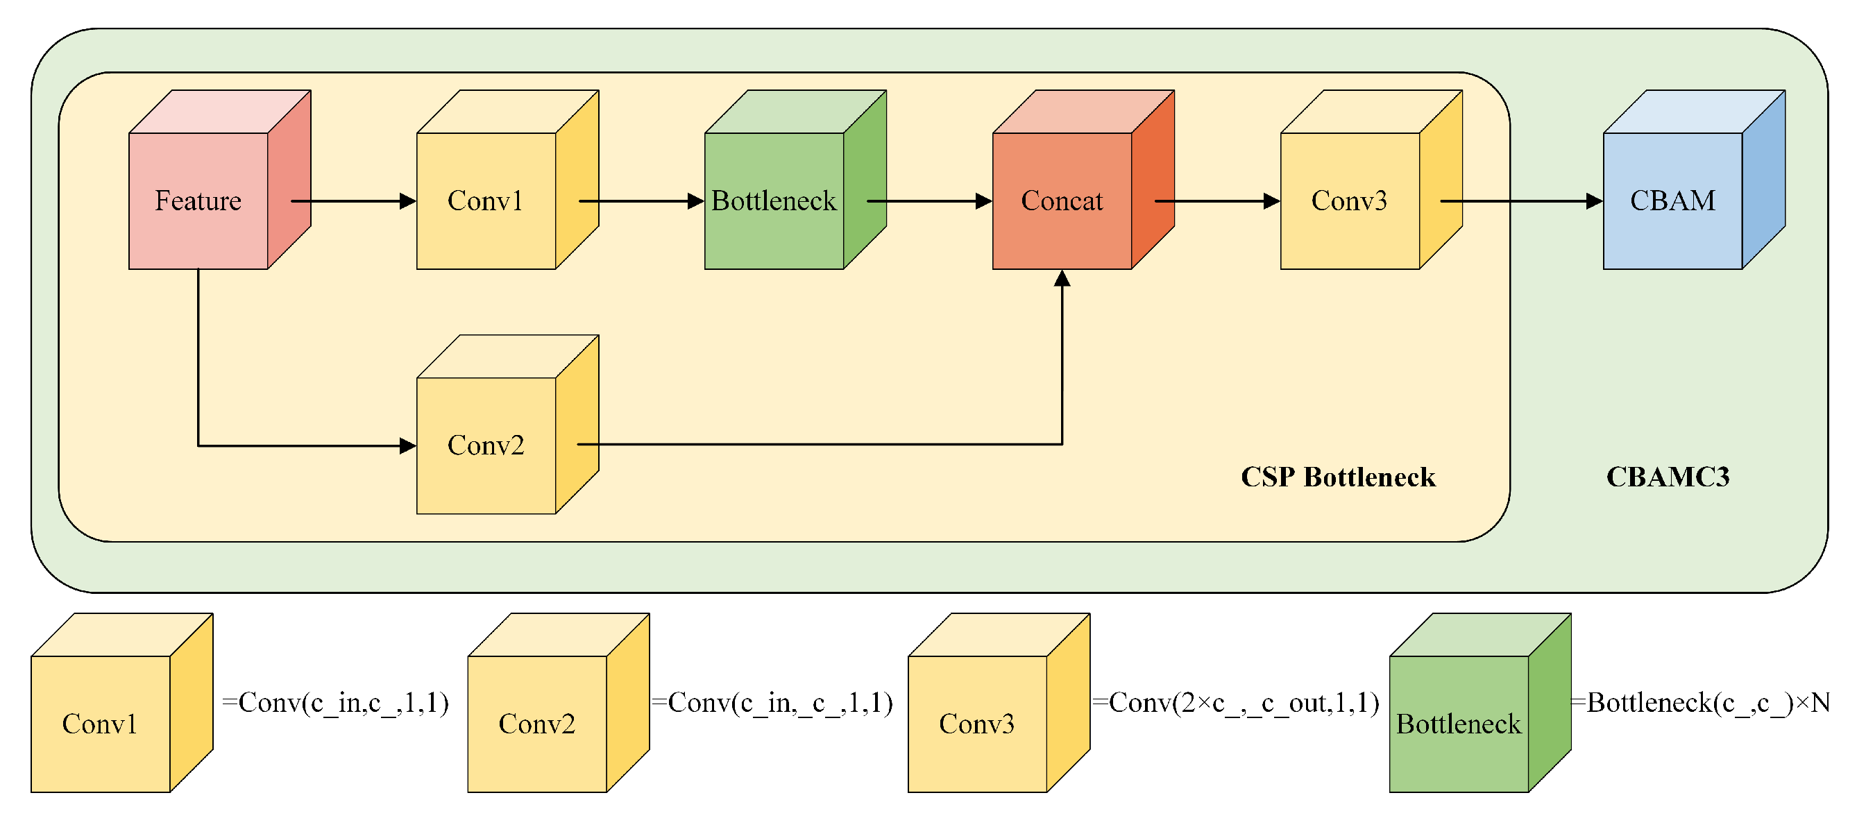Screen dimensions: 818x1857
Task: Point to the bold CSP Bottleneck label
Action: click(1338, 477)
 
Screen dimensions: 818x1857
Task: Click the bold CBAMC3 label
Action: click(1668, 477)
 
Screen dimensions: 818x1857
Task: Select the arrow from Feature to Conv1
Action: click(353, 201)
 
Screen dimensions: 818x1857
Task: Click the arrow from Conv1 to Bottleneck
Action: click(641, 201)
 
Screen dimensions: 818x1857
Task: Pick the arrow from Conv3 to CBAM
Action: click(1521, 201)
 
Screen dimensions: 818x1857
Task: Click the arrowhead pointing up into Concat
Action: click(1062, 279)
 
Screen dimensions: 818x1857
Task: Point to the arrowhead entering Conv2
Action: click(407, 445)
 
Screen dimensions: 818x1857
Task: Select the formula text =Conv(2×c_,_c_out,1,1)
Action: click(1237, 702)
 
